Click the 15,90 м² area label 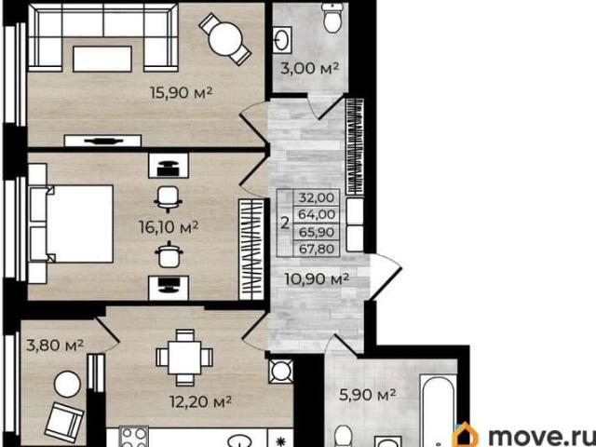(x=181, y=93)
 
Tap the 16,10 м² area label (x=169, y=227)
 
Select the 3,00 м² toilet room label (x=309, y=68)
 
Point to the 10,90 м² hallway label (x=317, y=279)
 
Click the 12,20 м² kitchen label (x=201, y=401)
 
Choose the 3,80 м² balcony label (x=55, y=345)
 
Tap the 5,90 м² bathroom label (x=368, y=395)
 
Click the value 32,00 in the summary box (x=317, y=197)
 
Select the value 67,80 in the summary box (x=317, y=250)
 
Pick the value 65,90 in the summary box (x=317, y=232)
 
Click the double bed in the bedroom (x=71, y=223)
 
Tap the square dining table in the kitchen (x=184, y=358)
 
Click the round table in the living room (x=225, y=39)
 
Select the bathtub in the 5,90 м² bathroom (x=438, y=410)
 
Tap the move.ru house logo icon (x=466, y=436)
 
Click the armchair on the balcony (x=64, y=422)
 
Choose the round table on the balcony (x=67, y=384)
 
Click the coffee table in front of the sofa (x=102, y=59)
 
